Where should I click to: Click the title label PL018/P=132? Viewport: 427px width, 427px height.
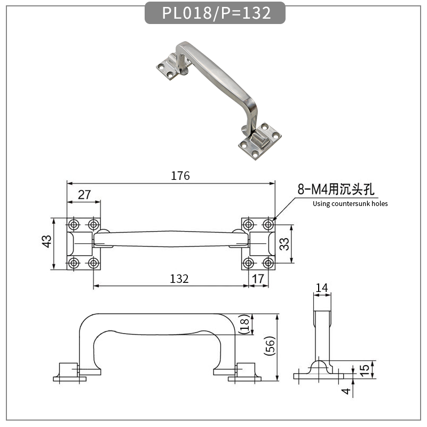[x=215, y=13]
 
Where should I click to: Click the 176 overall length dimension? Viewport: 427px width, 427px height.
[x=180, y=176]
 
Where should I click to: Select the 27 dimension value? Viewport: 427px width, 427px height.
[x=84, y=195]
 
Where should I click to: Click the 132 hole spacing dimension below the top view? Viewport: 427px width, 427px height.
[x=179, y=279]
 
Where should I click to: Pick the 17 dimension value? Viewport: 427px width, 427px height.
[x=258, y=279]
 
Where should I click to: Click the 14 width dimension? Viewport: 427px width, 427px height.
[x=321, y=288]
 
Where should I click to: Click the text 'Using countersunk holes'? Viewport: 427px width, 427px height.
[x=350, y=204]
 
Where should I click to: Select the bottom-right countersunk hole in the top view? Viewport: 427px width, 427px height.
[x=268, y=263]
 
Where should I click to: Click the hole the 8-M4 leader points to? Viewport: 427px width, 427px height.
[x=268, y=224]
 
